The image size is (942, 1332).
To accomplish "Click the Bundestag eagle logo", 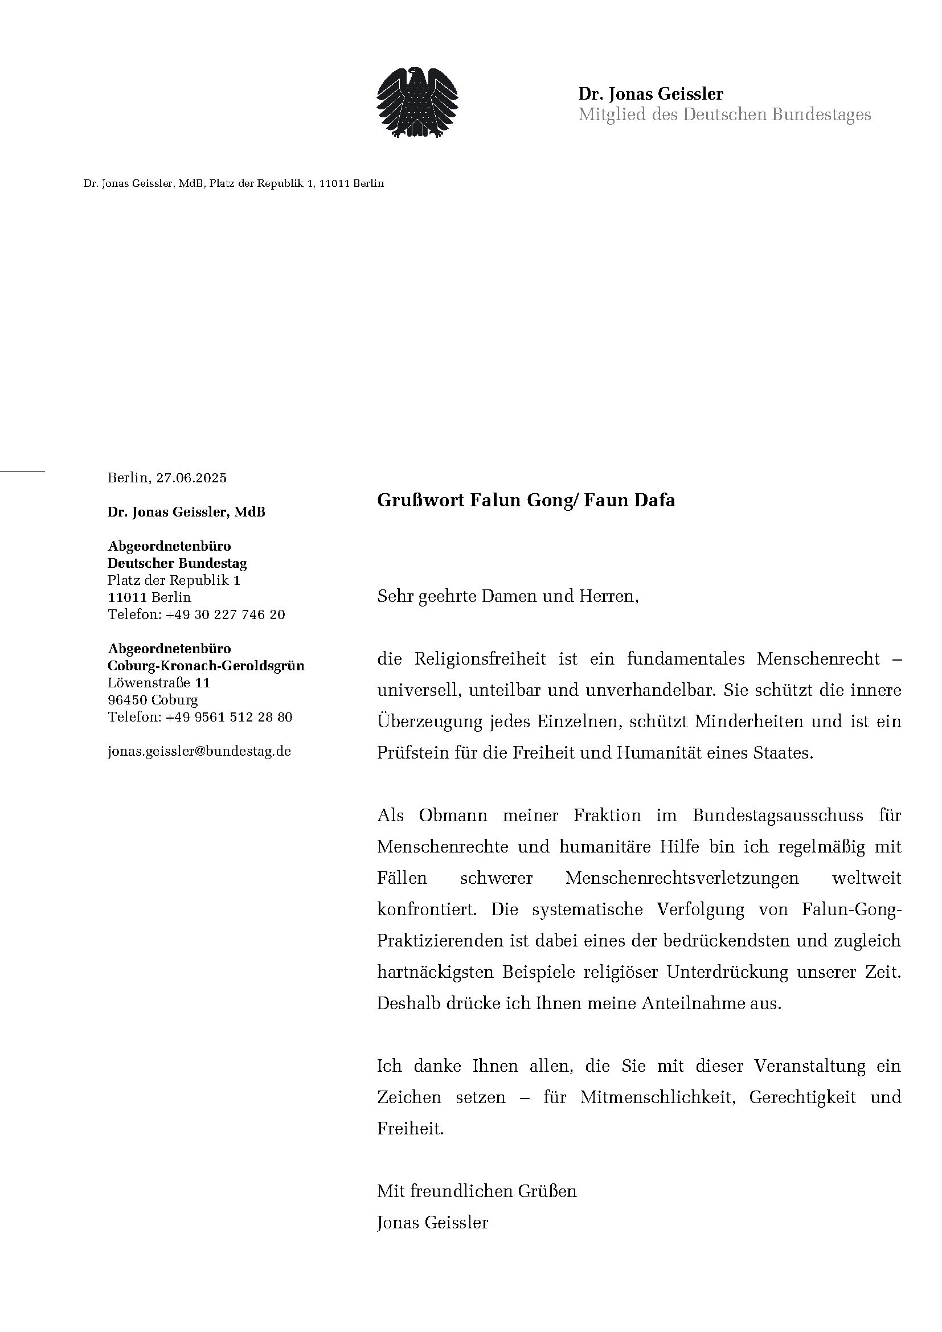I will coord(417,102).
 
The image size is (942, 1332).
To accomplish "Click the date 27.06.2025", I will coord(191,478).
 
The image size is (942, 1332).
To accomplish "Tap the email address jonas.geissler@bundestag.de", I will coord(199,751).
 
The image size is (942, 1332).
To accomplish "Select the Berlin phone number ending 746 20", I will coord(225,614).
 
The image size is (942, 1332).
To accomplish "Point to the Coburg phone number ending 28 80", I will coord(228,717).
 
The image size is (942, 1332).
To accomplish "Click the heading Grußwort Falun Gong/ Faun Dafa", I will coord(526,500).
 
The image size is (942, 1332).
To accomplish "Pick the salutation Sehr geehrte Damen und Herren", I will coord(507,596).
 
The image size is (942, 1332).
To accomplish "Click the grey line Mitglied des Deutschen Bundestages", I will coord(724,114).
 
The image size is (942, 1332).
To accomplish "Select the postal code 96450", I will coord(128,700).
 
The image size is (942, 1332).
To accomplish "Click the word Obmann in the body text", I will coord(453,815).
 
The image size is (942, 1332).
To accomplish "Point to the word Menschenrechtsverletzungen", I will coord(682,878).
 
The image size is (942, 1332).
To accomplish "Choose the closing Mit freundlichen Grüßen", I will coord(477,1191).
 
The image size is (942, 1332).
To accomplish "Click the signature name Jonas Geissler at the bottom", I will coord(433,1223).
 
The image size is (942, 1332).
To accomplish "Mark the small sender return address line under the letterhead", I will coord(234,184).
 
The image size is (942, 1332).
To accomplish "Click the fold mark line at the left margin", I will coord(22,471).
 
